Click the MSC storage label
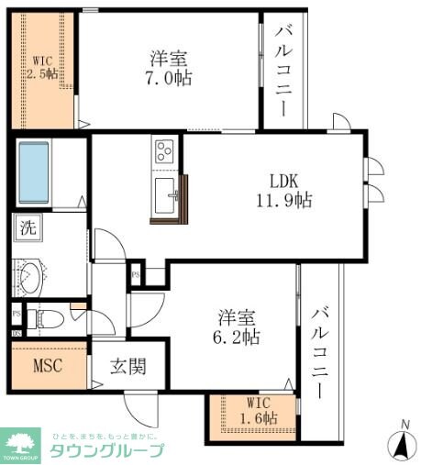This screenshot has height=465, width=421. click(x=48, y=368)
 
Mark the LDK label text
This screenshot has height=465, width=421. click(x=283, y=179)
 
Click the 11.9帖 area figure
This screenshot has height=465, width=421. click(x=283, y=199)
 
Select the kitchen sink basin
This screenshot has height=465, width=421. click(x=166, y=195)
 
